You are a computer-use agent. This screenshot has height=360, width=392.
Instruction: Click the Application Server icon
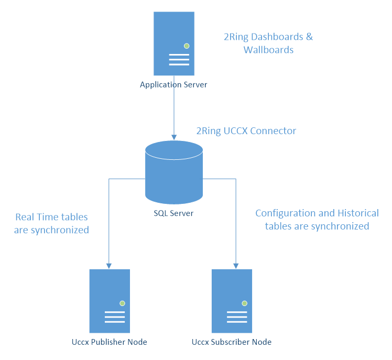pos(173,44)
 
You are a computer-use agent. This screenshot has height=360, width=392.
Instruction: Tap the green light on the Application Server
pos(186,46)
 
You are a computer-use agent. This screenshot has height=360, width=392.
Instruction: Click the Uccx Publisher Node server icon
pos(110,301)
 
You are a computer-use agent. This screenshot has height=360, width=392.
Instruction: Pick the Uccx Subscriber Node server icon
pos(232,301)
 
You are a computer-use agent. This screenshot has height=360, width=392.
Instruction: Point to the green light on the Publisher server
pos(122,303)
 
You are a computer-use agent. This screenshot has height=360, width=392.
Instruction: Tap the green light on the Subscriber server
pos(244,303)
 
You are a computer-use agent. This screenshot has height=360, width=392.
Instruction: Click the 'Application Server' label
pos(173,84)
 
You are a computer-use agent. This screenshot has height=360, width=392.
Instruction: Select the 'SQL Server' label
pos(173,213)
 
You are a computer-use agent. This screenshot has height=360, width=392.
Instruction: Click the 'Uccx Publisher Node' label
pos(110,342)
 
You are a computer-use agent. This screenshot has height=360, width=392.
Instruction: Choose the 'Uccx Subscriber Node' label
pos(232,342)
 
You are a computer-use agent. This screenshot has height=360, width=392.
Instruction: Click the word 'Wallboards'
pos(268,50)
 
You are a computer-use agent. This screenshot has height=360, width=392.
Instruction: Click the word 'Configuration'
pos(286,213)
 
